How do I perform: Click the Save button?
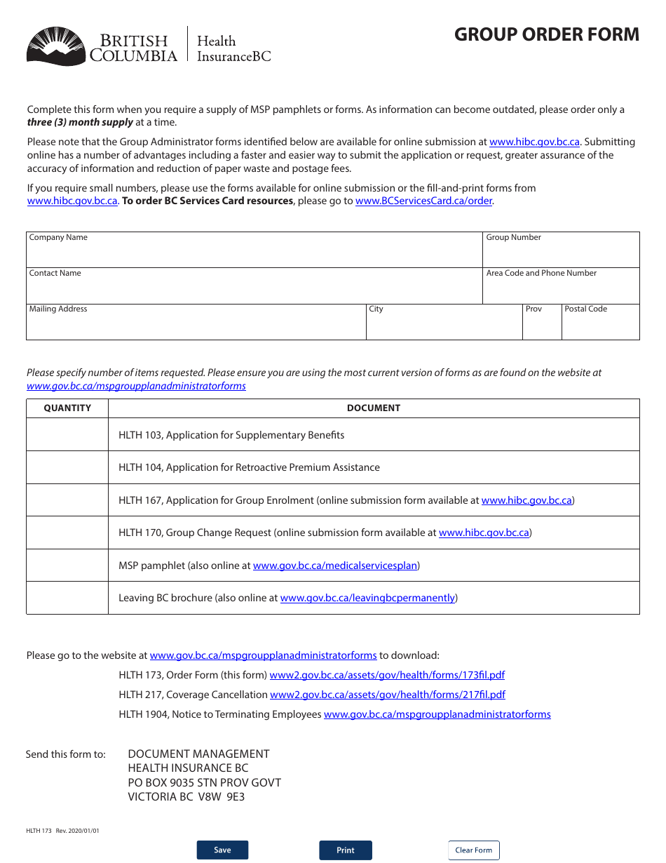tap(222, 850)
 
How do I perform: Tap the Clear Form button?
tap(474, 850)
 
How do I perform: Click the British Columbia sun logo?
tap(56, 46)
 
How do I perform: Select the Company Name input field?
tap(254, 253)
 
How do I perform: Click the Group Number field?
tap(561, 253)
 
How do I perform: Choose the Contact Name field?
tap(254, 289)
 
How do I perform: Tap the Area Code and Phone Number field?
tap(561, 289)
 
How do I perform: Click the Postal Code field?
tap(600, 326)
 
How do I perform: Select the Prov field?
tap(542, 326)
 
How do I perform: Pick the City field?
tap(444, 326)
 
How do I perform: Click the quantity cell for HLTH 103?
tap(67, 435)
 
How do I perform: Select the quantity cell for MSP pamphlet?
tap(67, 566)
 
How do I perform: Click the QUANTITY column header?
tap(67, 408)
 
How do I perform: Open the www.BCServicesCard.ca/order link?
tap(423, 201)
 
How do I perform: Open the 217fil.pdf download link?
tap(388, 695)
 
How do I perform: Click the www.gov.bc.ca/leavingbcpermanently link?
tap(368, 598)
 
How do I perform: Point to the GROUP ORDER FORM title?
tap(547, 34)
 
